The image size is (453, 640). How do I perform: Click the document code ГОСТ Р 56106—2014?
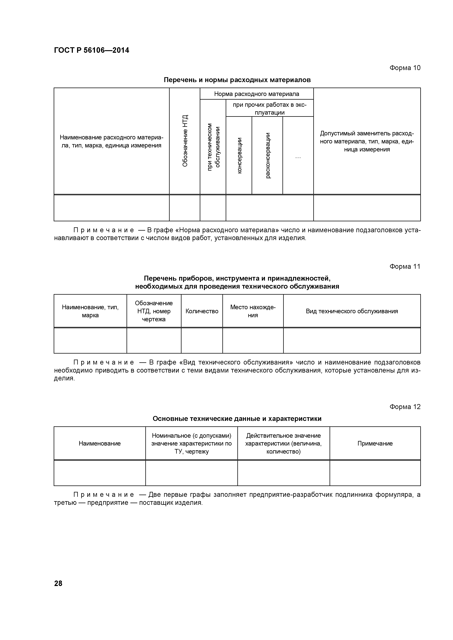pos(91,51)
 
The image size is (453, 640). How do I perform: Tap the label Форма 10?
pos(405,68)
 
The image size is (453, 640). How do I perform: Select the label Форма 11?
pos(405,267)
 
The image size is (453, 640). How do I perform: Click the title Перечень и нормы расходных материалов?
pos(237,80)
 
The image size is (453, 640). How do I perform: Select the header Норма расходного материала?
pos(257,94)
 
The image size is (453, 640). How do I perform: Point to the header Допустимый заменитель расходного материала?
pos(367,141)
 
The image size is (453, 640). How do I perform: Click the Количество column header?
pos(202,311)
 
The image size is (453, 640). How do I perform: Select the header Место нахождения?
pos(253,311)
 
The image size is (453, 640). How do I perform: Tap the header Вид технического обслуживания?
pos(352,311)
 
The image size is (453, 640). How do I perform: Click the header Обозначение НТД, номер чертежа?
pos(154,311)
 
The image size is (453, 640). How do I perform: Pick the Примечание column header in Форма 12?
pos(375,444)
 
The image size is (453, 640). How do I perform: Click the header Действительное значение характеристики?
pos(283,444)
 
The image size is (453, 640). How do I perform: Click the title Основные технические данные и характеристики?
pos(237,419)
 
